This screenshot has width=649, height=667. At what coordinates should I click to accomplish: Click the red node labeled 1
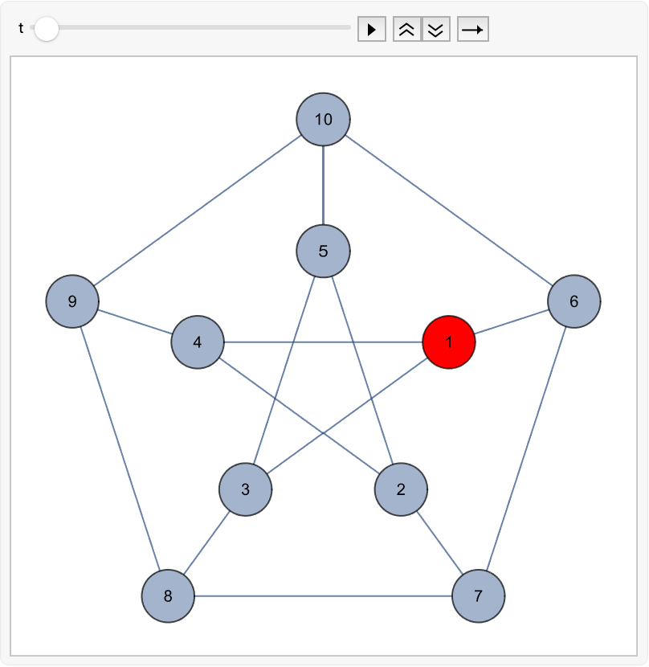(449, 342)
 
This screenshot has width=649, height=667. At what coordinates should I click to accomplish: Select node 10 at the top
(323, 119)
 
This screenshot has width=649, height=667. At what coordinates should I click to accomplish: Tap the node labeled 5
(323, 251)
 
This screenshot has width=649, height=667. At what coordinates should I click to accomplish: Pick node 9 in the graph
(72, 301)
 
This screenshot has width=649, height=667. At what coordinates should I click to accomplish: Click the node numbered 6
(574, 301)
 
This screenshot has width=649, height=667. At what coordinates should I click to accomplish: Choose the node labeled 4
(198, 342)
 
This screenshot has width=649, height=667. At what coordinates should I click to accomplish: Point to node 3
(246, 489)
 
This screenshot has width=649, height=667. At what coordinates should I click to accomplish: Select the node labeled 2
(401, 489)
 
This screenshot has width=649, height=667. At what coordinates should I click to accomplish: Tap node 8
(168, 596)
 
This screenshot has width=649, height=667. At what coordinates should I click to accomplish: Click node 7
(479, 596)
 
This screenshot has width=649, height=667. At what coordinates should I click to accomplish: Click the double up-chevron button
(407, 30)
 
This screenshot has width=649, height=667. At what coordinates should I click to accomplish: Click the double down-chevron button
(436, 30)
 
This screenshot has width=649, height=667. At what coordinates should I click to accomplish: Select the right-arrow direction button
(473, 30)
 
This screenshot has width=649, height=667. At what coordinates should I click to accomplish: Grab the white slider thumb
(47, 29)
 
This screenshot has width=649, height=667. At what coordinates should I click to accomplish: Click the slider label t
(21, 28)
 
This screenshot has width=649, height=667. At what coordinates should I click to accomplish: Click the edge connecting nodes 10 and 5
(323, 185)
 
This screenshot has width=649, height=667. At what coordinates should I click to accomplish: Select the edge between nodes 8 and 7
(323, 596)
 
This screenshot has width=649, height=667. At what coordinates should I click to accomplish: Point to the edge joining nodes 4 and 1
(323, 342)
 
